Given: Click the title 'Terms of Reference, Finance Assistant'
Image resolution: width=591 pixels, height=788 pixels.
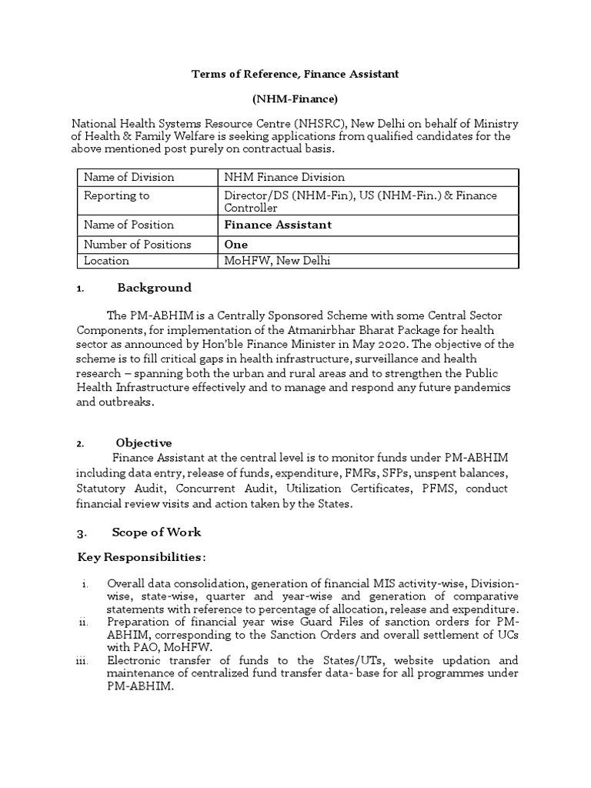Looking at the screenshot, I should [x=295, y=73].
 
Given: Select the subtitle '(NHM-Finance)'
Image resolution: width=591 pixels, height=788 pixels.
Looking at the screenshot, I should [x=295, y=98].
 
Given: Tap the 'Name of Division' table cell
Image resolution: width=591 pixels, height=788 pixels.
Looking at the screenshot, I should [x=129, y=177].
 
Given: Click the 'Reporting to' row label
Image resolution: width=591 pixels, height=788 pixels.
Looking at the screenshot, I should [x=116, y=195].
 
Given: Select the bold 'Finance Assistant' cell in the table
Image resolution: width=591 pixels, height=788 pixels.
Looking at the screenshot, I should [x=278, y=225].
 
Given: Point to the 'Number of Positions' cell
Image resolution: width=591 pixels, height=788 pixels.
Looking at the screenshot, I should [x=137, y=245].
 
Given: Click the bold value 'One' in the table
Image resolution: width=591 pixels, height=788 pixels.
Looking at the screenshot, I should [x=235, y=245].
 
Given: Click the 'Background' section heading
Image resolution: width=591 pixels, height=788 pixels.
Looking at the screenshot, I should [x=154, y=288].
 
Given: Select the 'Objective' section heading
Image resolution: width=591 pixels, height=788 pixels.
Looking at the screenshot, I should [x=144, y=442].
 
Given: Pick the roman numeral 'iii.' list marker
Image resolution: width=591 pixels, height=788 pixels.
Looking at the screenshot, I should [x=85, y=660].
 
